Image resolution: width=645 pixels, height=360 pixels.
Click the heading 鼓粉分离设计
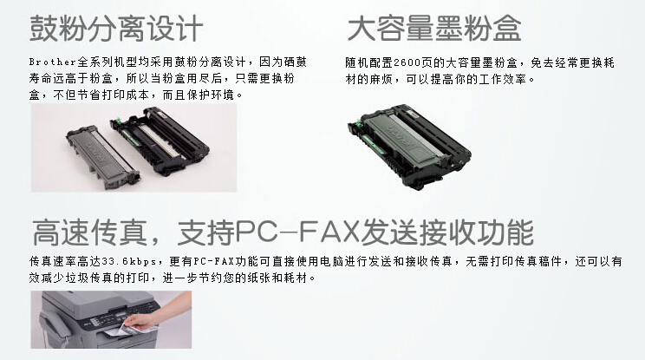(116, 29)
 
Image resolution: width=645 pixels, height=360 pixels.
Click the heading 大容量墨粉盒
(434, 29)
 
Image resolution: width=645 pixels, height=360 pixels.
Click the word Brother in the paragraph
(53, 62)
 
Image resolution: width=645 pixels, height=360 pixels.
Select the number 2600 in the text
(407, 63)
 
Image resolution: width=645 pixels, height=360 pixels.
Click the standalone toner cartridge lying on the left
(103, 156)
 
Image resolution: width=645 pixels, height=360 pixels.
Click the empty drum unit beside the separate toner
(160, 140)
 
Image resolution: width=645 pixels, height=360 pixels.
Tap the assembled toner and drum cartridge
(409, 147)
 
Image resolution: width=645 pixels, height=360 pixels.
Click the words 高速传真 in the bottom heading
(89, 232)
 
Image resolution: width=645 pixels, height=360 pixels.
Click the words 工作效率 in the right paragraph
(503, 79)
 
